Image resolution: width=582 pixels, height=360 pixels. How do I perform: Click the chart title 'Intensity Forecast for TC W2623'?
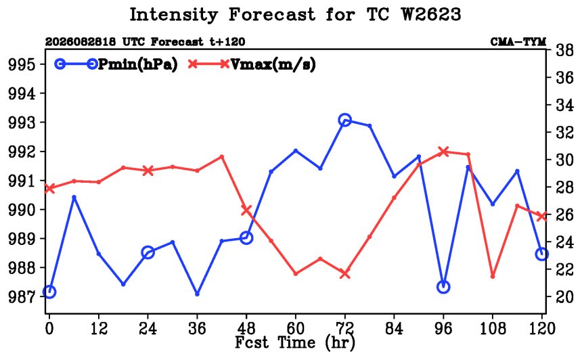[x=295, y=15]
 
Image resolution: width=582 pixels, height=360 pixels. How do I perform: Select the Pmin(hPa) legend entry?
[x=116, y=64]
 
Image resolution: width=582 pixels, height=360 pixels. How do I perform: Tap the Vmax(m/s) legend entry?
[x=252, y=64]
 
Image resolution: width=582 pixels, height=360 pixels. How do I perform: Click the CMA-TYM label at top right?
[x=518, y=41]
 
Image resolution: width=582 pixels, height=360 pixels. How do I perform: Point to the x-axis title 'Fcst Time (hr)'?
[x=295, y=342]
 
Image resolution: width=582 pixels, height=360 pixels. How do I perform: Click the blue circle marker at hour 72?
[x=345, y=120]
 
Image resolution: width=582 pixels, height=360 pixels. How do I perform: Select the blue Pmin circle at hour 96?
[x=443, y=287]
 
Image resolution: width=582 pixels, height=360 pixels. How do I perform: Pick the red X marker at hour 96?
[x=443, y=151]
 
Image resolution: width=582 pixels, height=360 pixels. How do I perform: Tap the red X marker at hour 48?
[x=246, y=210]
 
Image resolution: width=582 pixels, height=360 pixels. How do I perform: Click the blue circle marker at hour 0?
[x=49, y=292]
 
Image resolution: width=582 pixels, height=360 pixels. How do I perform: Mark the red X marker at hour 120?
[x=542, y=216]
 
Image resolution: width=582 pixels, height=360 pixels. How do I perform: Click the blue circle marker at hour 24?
[x=148, y=252]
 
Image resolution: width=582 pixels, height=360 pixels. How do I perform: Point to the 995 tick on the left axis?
[x=22, y=65]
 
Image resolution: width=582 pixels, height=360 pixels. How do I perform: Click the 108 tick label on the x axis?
[x=493, y=328]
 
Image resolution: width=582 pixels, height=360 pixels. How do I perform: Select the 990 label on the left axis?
[x=22, y=210]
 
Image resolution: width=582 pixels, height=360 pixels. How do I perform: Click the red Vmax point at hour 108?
[x=493, y=277]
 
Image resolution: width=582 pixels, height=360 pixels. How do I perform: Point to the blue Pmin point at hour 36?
[x=197, y=294]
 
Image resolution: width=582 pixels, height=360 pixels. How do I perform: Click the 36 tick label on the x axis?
[x=197, y=328]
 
